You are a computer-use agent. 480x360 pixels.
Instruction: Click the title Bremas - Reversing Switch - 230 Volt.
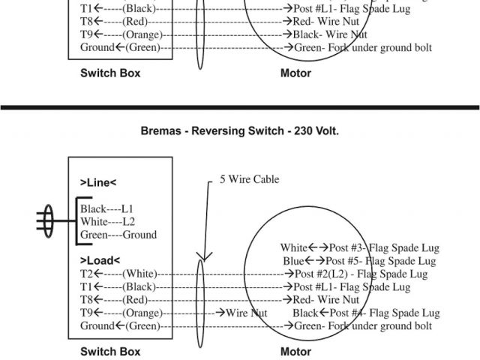point(240,130)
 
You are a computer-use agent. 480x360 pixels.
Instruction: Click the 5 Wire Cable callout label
point(249,179)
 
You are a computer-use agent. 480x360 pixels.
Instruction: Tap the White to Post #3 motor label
point(359,247)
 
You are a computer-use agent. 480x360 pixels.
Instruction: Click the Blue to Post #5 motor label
point(359,261)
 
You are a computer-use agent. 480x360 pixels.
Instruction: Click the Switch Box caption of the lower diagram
point(110,351)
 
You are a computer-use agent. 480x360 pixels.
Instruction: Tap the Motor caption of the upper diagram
point(295,73)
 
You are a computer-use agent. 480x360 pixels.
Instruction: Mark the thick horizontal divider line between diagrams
point(240,106)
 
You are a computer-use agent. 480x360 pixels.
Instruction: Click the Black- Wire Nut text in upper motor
point(331,34)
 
